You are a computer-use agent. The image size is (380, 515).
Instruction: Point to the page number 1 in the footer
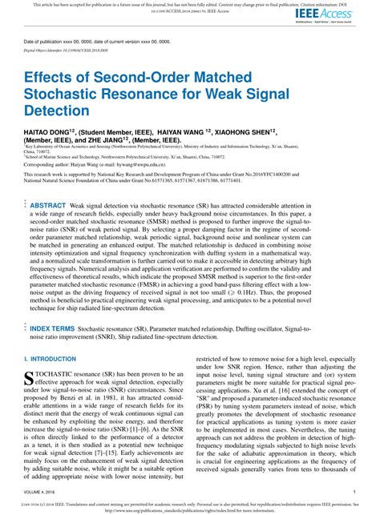tap(354, 493)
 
